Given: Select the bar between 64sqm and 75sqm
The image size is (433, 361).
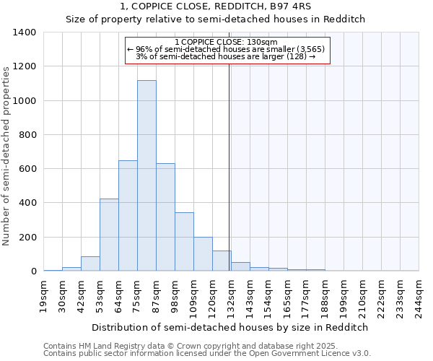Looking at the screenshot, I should tap(128, 215).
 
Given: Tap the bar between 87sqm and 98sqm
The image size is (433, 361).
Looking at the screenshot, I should tap(165, 217).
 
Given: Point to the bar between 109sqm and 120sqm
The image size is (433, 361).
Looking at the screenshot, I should tap(203, 253).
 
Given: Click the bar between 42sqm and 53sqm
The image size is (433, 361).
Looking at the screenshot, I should tap(90, 264).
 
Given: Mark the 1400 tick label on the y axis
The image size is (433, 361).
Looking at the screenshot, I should tap(25, 32).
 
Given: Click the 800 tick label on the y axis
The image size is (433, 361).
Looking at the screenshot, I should tap(27, 135).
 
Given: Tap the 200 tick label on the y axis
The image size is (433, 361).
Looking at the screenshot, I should tap(27, 238).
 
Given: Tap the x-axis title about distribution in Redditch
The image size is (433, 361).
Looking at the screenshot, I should tap(230, 327).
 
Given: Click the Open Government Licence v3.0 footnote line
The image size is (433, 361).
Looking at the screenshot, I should tap(207, 353).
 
